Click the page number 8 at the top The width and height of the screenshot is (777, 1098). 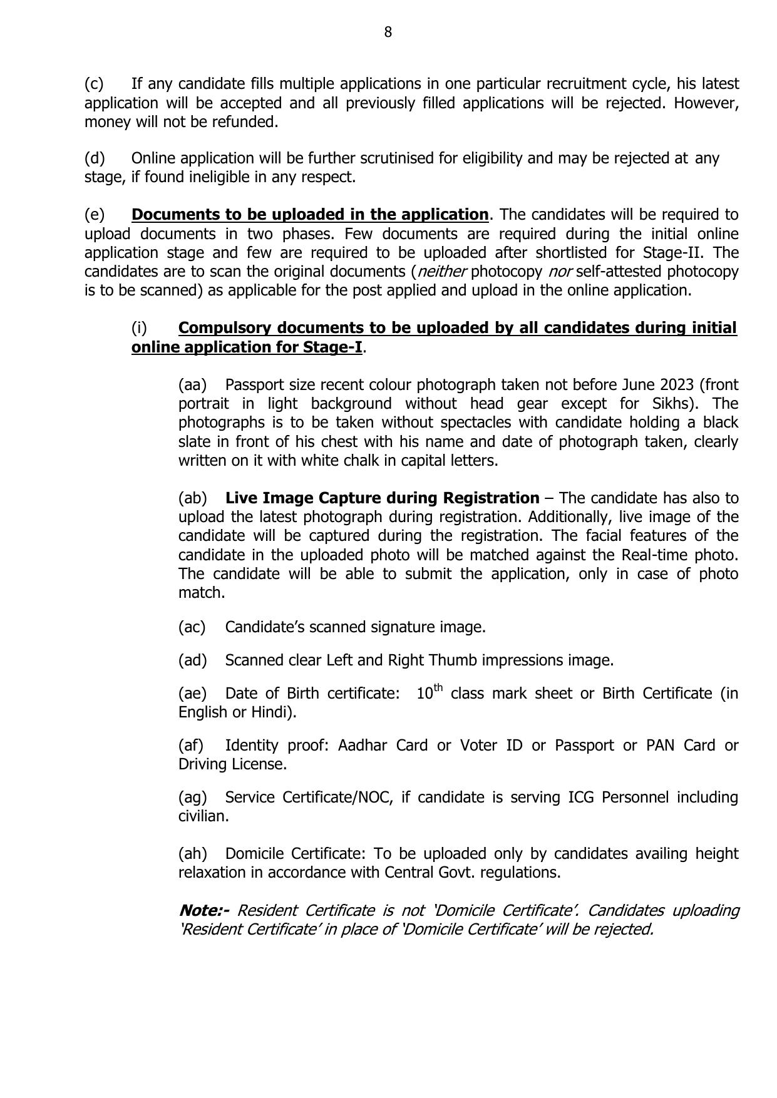pos(388,33)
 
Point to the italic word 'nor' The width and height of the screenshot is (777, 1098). pos(560,272)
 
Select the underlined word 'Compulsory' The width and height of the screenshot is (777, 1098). pos(225,328)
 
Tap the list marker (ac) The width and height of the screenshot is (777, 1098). pos(192,627)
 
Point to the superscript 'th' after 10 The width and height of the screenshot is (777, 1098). pos(438,688)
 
